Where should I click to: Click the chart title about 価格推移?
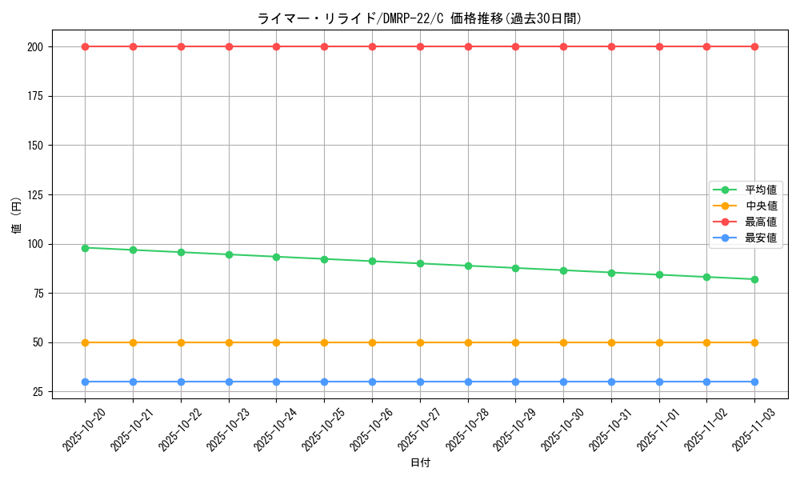pyautogui.click(x=419, y=18)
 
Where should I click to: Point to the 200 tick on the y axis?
pyautogui.click(x=34, y=46)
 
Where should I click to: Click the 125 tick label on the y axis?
pyautogui.click(x=34, y=194)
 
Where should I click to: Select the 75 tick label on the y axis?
pyautogui.click(x=38, y=294)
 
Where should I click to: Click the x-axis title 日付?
pyautogui.click(x=420, y=463)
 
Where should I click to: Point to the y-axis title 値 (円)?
pyautogui.click(x=17, y=216)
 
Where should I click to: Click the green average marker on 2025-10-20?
pyautogui.click(x=85, y=248)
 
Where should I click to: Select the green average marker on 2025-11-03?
pyautogui.click(x=754, y=279)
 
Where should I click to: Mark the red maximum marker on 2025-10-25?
pyautogui.click(x=324, y=46)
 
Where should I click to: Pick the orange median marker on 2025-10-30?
pyautogui.click(x=563, y=342)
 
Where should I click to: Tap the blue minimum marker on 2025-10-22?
pyautogui.click(x=181, y=382)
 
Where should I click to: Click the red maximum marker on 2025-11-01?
pyautogui.click(x=659, y=46)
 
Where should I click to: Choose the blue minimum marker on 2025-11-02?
pyautogui.click(x=706, y=382)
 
